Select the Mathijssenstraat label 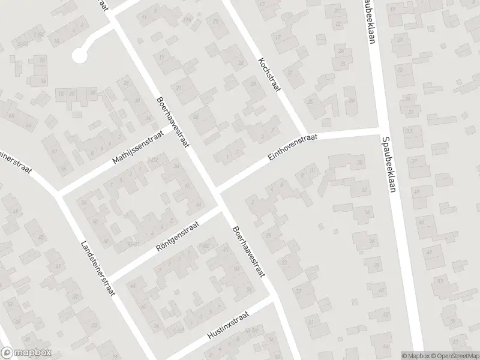pos(137,151)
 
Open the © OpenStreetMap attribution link pos(453,355)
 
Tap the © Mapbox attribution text pos(415,355)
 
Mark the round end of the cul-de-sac pos(79,55)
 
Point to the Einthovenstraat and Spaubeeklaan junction pos(379,127)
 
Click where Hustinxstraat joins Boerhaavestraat pos(273,298)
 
